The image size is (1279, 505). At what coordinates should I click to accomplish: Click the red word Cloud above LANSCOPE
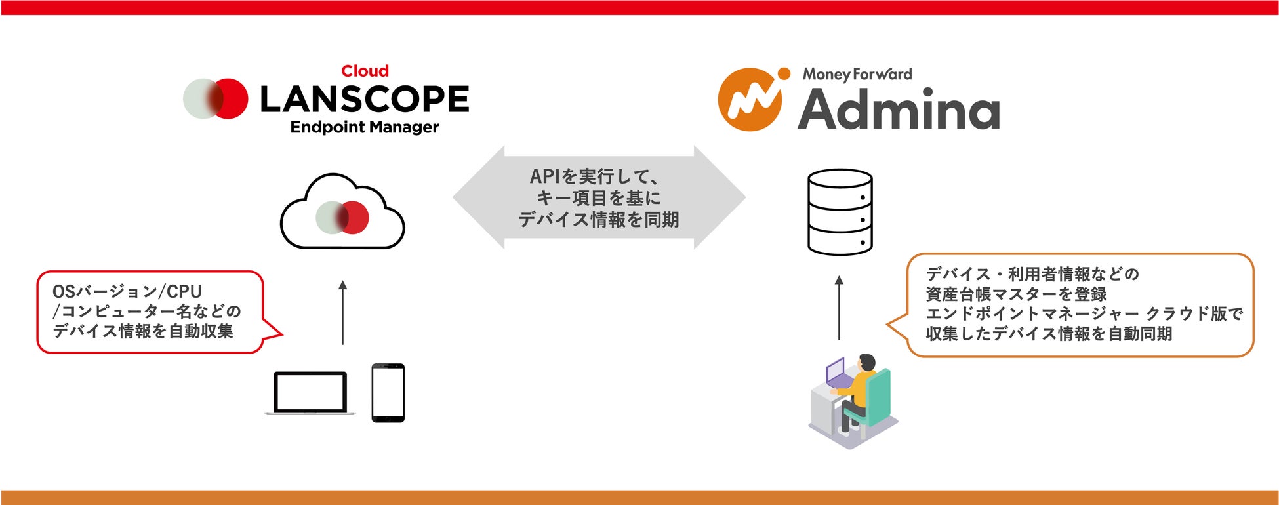(365, 71)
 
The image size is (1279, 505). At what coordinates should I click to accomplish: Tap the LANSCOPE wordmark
(365, 100)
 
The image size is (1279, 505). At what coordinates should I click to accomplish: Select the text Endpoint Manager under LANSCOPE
(365, 127)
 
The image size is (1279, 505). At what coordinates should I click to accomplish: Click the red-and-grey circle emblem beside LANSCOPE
(215, 99)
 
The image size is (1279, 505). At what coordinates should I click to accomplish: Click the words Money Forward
(857, 74)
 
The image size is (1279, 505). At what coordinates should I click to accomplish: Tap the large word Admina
(899, 110)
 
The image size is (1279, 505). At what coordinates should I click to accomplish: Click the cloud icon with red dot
(342, 213)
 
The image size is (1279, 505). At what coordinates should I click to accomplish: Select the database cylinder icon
(840, 212)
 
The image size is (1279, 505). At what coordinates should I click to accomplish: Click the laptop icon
(310, 394)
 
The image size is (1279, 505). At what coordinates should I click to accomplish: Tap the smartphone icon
(388, 393)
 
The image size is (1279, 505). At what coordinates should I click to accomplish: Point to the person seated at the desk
(859, 391)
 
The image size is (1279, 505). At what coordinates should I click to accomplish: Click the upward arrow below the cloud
(342, 313)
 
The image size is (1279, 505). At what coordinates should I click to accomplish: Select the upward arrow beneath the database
(839, 308)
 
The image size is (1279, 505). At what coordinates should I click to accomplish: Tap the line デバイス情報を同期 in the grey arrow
(599, 220)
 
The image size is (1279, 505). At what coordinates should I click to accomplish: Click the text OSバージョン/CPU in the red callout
(127, 291)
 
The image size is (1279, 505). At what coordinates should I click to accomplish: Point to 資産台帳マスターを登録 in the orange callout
(1016, 294)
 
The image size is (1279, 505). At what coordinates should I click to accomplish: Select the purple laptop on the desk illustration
(835, 372)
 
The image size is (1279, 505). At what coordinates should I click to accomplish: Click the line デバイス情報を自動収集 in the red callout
(143, 331)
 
